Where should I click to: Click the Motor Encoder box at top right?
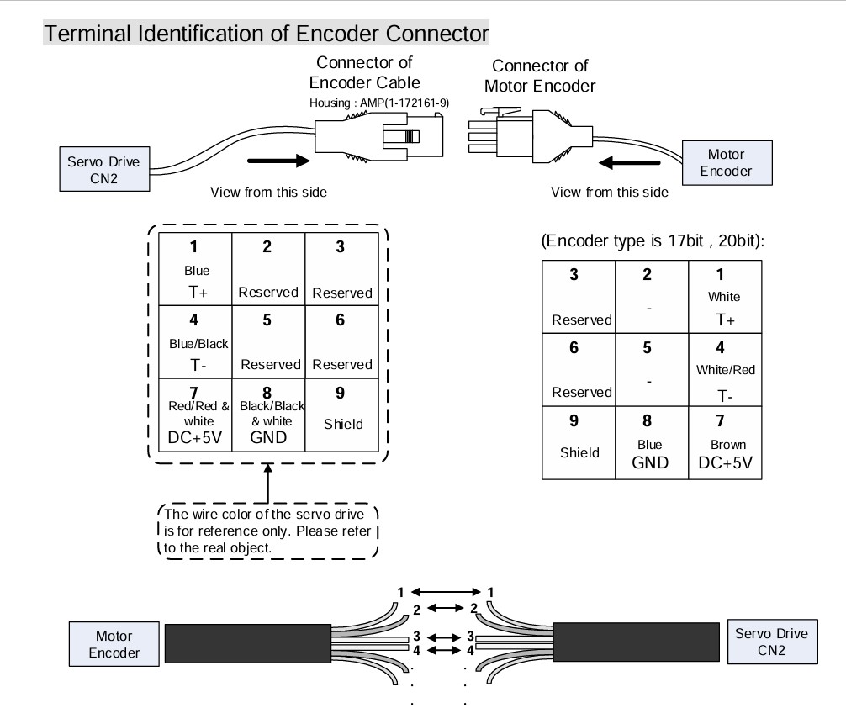pyautogui.click(x=724, y=161)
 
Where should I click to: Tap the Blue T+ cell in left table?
pyautogui.click(x=196, y=270)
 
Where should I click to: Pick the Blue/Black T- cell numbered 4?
pyautogui.click(x=196, y=341)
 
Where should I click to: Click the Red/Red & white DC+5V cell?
pyautogui.click(x=196, y=415)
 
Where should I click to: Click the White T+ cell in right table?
pyautogui.click(x=724, y=293)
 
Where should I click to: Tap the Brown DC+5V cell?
pyautogui.click(x=724, y=444)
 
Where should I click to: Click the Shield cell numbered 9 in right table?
pyautogui.click(x=579, y=444)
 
